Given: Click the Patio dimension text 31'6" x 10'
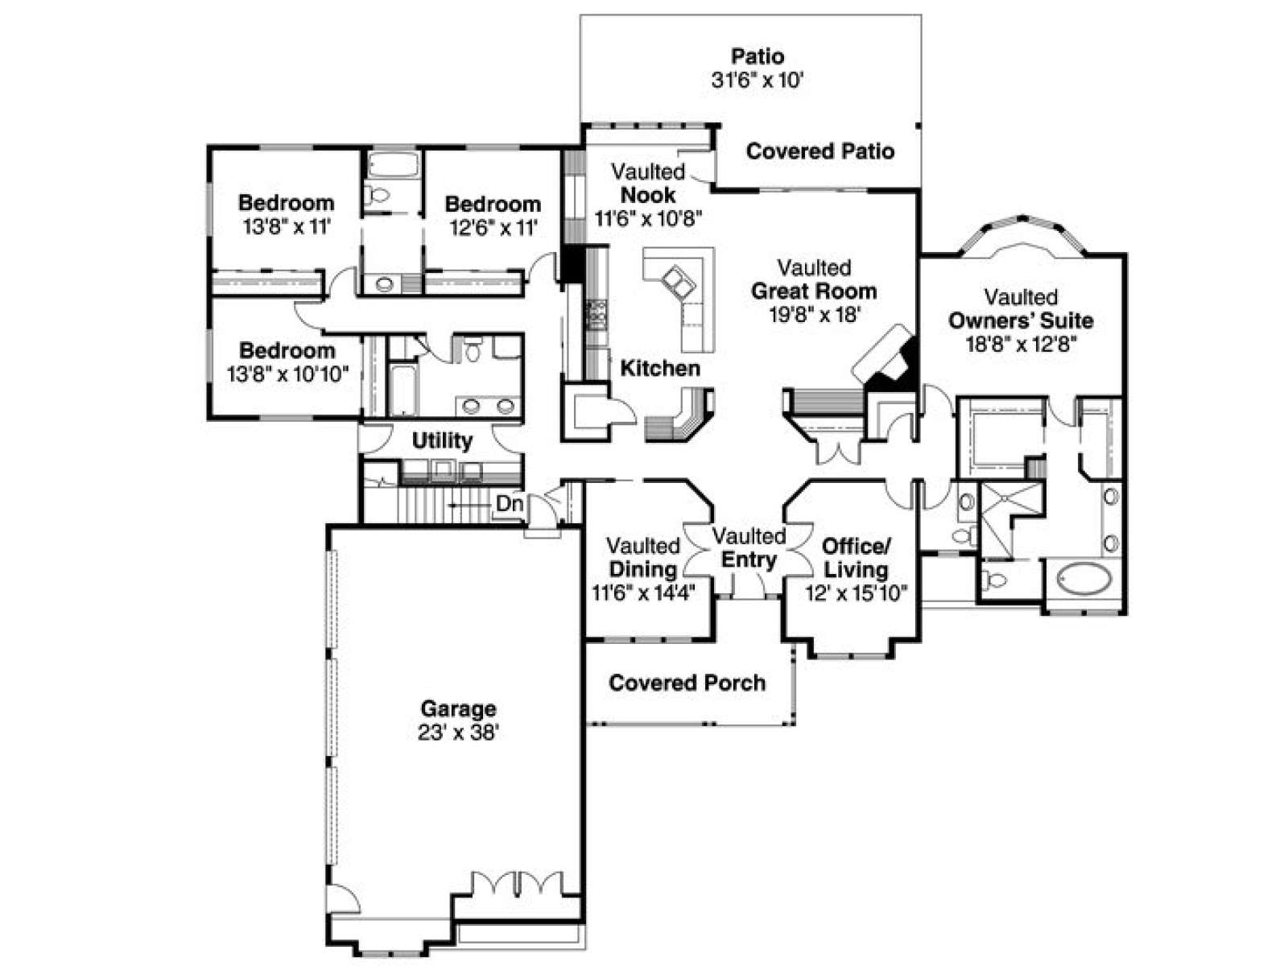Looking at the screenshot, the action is point(757,80).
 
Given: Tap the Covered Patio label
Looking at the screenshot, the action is point(819,151).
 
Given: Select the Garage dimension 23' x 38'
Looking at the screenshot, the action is point(458,733).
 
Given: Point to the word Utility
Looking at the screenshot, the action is point(442,440).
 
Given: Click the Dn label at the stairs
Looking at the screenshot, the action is point(509,503).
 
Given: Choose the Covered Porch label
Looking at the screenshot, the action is point(687,683).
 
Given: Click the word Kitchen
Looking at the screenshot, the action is point(660,369).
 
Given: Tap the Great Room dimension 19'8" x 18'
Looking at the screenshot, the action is point(815,315).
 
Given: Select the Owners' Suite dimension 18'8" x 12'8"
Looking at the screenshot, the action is point(1021,345).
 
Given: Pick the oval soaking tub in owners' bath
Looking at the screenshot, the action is point(1084,579).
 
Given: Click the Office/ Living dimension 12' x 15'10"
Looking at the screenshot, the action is point(857,593).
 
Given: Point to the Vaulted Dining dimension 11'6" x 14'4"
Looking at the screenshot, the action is point(643,593).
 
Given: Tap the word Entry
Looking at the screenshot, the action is point(749,559).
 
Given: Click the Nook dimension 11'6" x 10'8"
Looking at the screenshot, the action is point(648,219).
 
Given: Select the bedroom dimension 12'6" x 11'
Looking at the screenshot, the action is point(493,228).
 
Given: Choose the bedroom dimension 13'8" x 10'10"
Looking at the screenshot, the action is point(287,374).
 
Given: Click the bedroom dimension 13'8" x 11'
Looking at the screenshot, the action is point(287,226).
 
